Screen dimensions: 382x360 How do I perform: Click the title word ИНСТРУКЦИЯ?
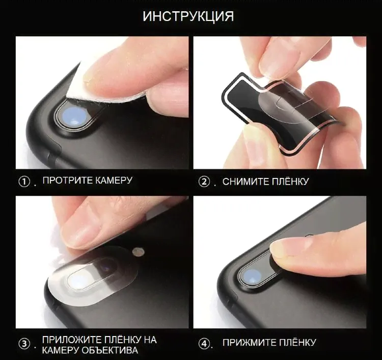(188, 16)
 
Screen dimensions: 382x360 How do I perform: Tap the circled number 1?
(24, 182)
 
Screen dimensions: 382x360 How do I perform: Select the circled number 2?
(204, 182)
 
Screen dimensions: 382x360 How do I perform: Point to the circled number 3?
(24, 344)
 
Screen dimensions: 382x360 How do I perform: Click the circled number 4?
(204, 344)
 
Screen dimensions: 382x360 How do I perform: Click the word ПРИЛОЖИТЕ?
(72, 340)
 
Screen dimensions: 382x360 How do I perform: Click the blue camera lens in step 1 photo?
(73, 116)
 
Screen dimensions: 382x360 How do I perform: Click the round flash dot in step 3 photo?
(138, 252)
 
